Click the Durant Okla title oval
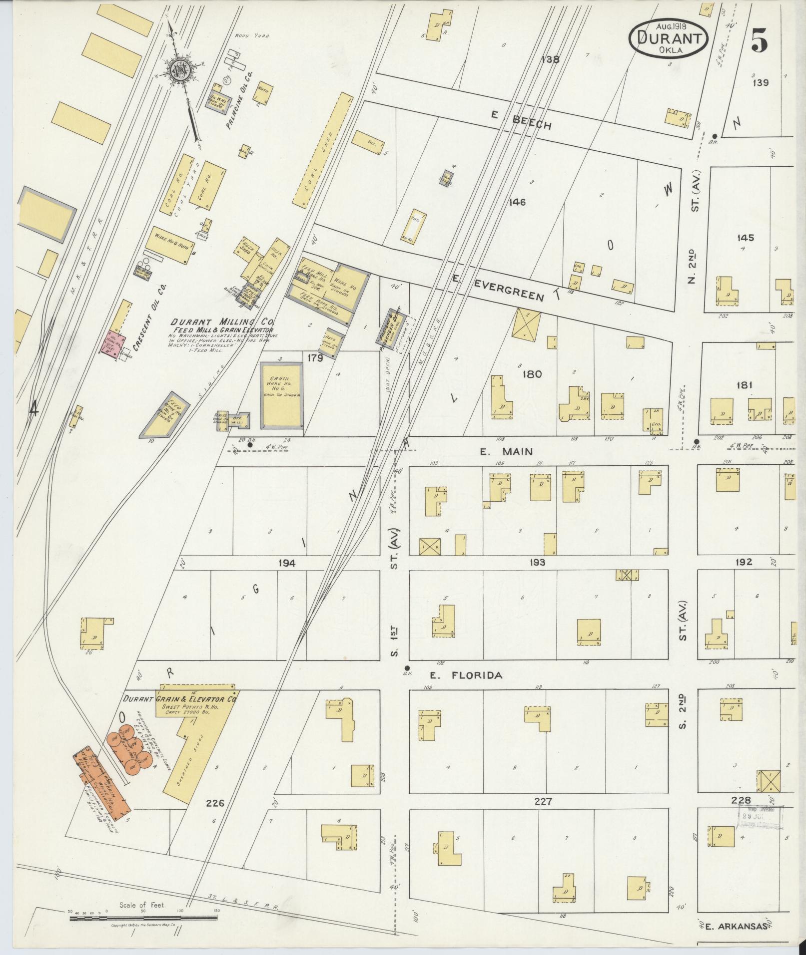pyautogui.click(x=670, y=37)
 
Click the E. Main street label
pyautogui.click(x=506, y=451)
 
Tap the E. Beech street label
pyautogui.click(x=521, y=121)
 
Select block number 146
pyautogui.click(x=517, y=202)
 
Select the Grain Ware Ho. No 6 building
pyautogui.click(x=282, y=394)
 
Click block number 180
pyautogui.click(x=531, y=374)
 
